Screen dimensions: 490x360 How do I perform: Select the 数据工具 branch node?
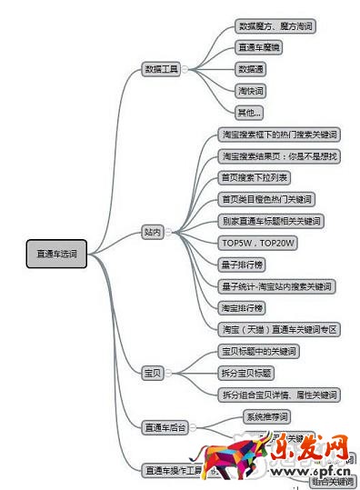(x=162, y=68)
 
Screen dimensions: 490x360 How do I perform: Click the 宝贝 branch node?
(x=152, y=373)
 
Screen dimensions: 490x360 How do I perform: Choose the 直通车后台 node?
(x=165, y=425)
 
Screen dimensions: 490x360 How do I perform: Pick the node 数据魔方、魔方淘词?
(x=275, y=27)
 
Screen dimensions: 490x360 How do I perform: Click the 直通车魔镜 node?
(x=258, y=48)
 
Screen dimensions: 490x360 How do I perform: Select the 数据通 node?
(x=252, y=69)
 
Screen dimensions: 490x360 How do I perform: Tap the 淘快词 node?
(x=252, y=91)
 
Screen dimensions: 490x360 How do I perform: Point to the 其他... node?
(x=249, y=113)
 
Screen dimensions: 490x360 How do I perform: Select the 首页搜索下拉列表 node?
(x=255, y=177)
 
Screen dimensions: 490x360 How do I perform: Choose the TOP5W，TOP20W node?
(x=259, y=243)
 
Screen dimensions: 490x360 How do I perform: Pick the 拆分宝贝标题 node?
(x=247, y=373)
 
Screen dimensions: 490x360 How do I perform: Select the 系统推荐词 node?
(x=267, y=417)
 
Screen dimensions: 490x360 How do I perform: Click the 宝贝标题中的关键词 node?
(x=260, y=351)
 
